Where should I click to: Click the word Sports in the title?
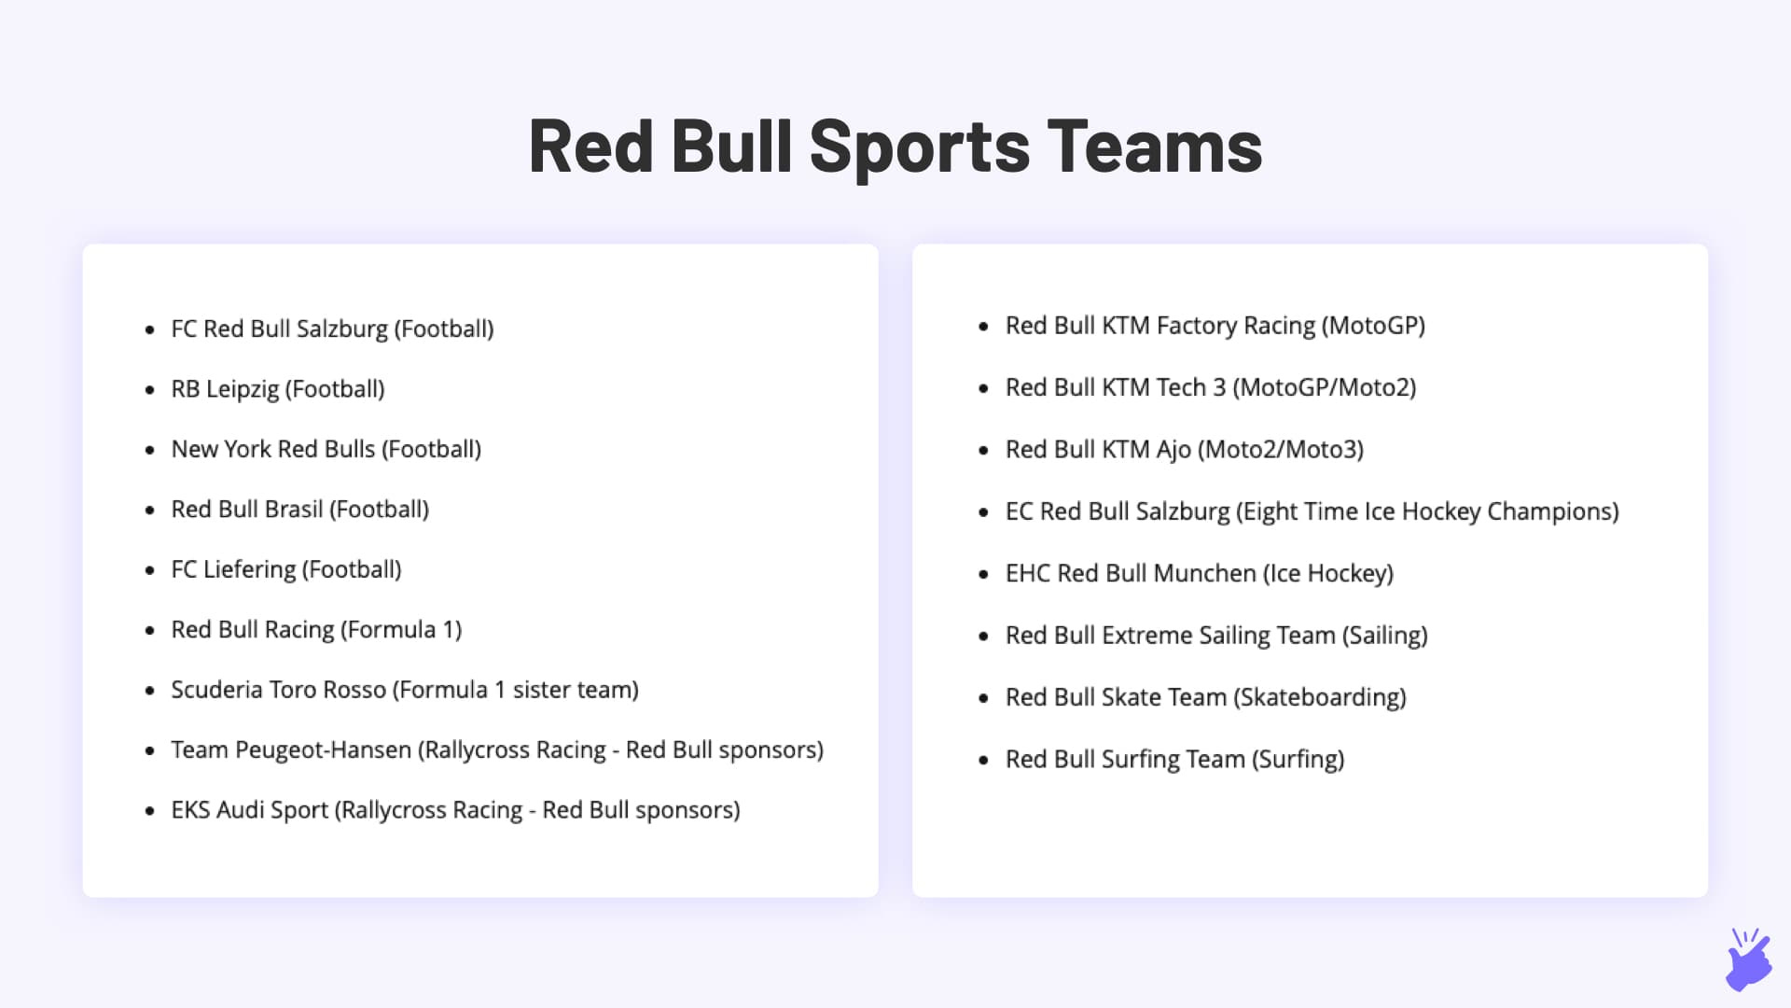pos(919,147)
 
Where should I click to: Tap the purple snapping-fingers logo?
pos(1747,960)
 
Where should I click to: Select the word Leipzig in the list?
pos(242,389)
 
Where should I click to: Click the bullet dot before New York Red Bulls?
pos(149,451)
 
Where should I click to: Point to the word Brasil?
pos(295,510)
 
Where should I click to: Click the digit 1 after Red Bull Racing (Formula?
pos(450,630)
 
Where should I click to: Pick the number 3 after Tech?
pos(1218,387)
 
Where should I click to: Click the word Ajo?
pos(1173,450)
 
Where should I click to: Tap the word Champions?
pos(1552,511)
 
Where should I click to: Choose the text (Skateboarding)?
pos(1319,697)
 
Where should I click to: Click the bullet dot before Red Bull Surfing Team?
pos(983,761)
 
